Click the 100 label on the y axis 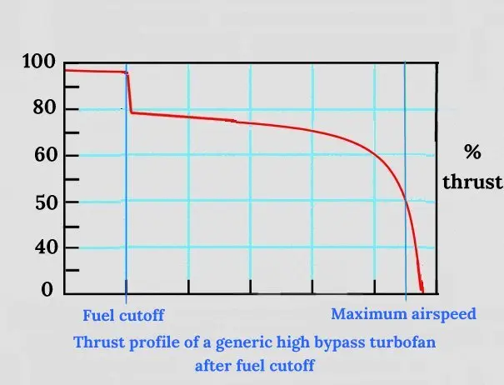pyautogui.click(x=39, y=61)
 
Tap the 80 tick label pyautogui.click(x=45, y=107)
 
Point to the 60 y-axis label pyautogui.click(x=45, y=155)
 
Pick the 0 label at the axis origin pyautogui.click(x=47, y=289)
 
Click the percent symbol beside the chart pyautogui.click(x=472, y=152)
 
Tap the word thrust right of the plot pyautogui.click(x=472, y=182)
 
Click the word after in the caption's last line pyautogui.click(x=213, y=366)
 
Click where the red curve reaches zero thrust pyautogui.click(x=422, y=291)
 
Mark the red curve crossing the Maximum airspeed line pyautogui.click(x=406, y=202)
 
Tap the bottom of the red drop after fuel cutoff pyautogui.click(x=132, y=112)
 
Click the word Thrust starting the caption pyautogui.click(x=99, y=342)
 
